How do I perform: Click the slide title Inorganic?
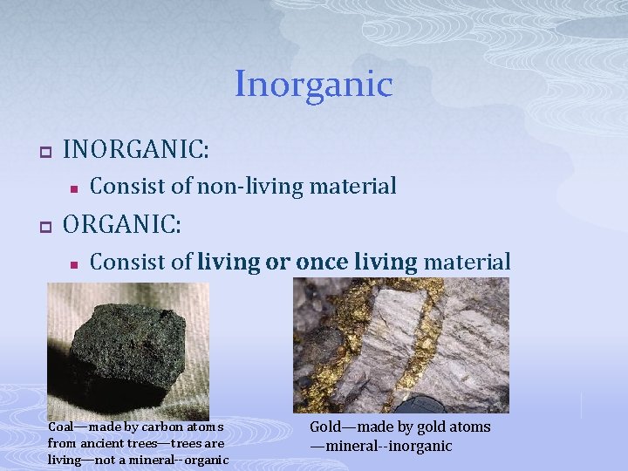[313, 85]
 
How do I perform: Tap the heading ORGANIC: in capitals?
[123, 224]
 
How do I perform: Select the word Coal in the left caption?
[62, 427]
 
